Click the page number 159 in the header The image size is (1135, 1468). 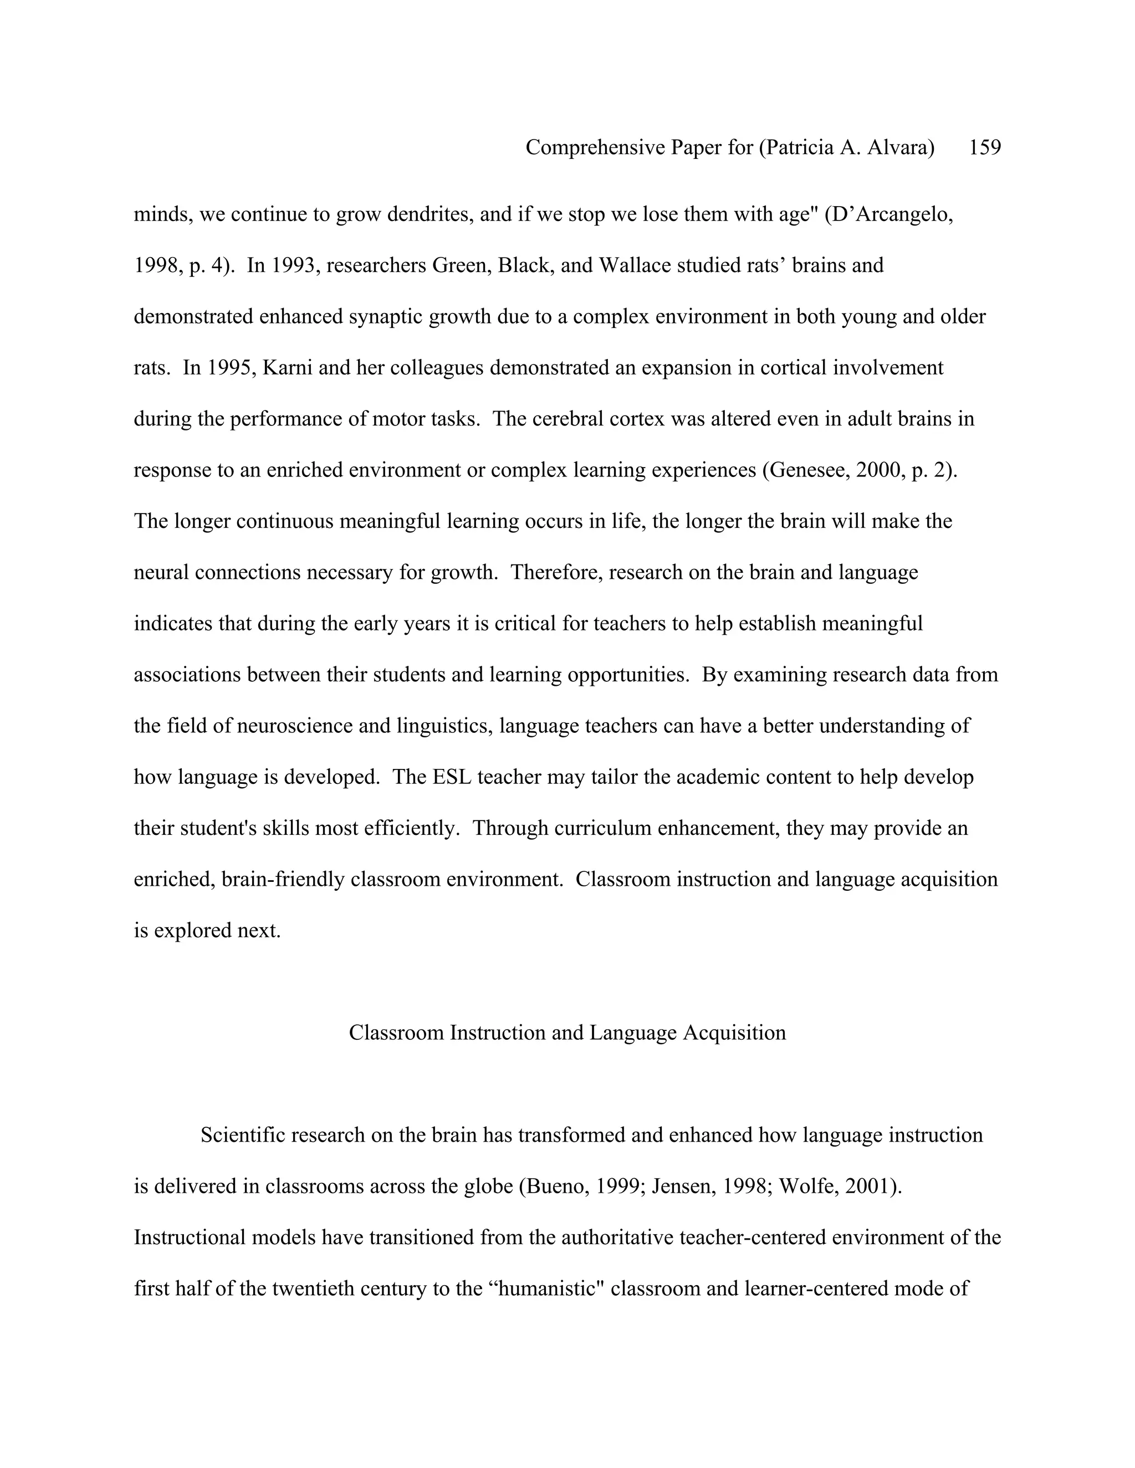(984, 147)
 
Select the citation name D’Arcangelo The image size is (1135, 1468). (892, 214)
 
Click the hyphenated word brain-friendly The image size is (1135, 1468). (283, 879)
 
